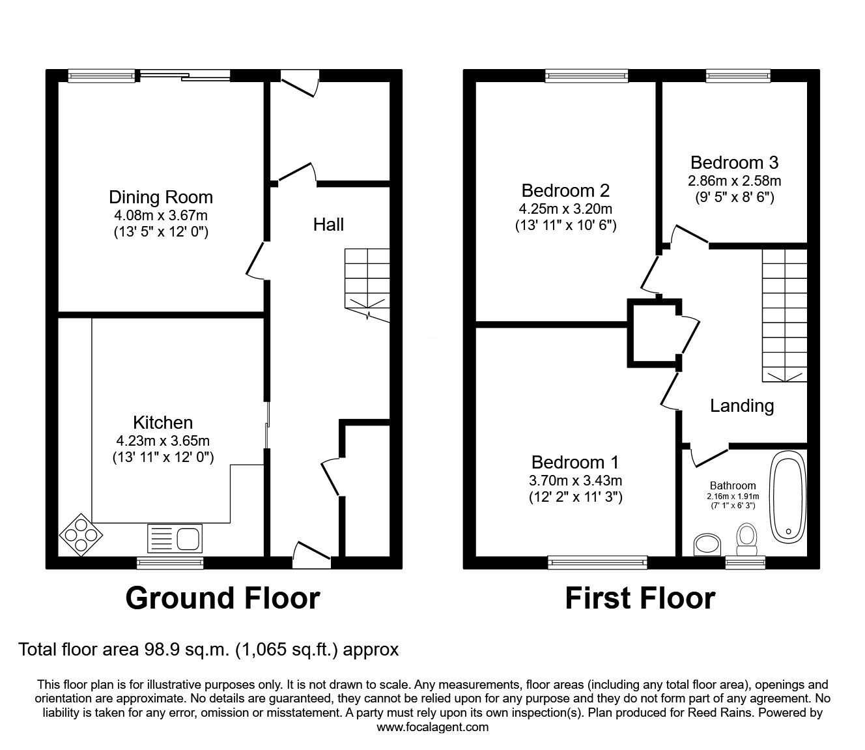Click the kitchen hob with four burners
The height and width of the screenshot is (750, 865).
click(81, 536)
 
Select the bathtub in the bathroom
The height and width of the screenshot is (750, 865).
click(787, 498)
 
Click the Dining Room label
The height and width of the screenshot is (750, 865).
click(160, 197)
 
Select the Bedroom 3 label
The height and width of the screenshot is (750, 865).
click(734, 162)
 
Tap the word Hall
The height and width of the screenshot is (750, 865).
click(328, 225)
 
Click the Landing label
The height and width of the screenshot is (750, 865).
click(741, 406)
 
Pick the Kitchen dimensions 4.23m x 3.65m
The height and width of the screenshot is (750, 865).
click(163, 440)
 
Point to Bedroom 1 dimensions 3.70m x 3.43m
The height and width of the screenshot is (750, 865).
click(575, 481)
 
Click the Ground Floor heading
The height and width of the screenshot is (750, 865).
click(222, 598)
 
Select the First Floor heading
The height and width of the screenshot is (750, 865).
click(640, 598)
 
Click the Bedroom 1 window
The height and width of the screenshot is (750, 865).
click(597, 561)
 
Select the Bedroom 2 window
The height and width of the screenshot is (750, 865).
click(587, 76)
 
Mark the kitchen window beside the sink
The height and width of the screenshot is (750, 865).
click(170, 561)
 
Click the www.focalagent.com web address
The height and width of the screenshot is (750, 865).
click(432, 727)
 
